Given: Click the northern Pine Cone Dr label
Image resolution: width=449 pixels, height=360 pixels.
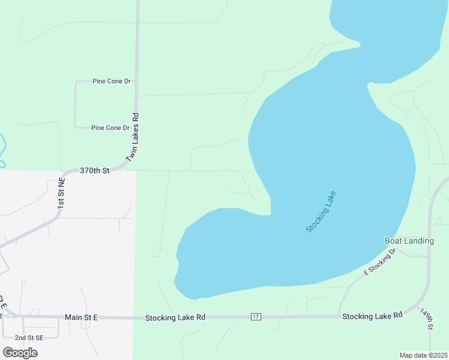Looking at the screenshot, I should tap(112, 81).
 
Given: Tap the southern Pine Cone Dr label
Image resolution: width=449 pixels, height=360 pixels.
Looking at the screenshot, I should tap(110, 128).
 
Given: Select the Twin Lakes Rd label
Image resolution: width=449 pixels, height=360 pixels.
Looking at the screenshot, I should tap(132, 138).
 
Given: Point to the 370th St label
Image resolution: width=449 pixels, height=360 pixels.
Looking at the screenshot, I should tap(95, 171).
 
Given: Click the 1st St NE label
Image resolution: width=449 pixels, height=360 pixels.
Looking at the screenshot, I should tap(61, 193).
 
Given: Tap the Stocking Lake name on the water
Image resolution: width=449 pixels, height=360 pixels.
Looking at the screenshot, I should tap(321, 212).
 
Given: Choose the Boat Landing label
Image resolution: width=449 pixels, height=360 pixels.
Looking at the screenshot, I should tap(409, 241).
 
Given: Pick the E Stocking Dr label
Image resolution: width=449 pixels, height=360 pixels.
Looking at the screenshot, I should tap(381, 262).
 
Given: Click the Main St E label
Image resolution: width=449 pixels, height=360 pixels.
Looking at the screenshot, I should tap(81, 317).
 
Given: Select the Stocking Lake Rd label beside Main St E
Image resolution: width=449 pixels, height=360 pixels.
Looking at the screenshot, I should tap(175, 317).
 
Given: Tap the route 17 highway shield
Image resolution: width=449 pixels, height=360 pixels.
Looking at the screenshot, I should tap(256, 316).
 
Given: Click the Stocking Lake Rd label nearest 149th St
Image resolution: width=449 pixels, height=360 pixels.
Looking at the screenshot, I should tap(372, 316).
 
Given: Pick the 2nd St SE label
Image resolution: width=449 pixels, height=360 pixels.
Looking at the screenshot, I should tap(29, 338).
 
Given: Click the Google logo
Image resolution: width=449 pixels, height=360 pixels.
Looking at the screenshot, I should tap(20, 353).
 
